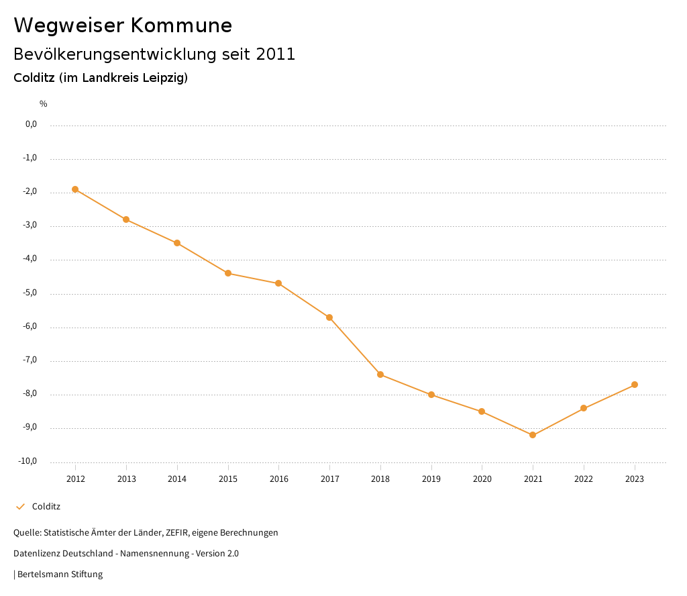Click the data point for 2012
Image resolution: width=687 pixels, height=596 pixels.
click(x=75, y=189)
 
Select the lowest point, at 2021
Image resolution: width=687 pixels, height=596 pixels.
click(x=533, y=435)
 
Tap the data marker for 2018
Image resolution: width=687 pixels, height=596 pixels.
click(x=380, y=375)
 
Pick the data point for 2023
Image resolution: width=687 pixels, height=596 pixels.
click(x=635, y=385)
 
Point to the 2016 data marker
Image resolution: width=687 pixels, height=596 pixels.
click(x=278, y=283)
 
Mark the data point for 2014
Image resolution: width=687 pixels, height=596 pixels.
click(x=177, y=243)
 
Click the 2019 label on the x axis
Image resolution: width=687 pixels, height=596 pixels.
click(x=431, y=479)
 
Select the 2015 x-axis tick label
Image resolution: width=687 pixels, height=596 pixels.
click(x=228, y=479)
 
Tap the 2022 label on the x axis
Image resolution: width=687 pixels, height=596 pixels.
click(x=584, y=479)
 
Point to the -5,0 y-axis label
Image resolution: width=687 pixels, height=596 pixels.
click(x=31, y=293)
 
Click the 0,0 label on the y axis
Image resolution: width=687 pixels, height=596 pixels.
click(x=31, y=124)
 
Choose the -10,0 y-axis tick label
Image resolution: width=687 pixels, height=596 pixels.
click(x=29, y=461)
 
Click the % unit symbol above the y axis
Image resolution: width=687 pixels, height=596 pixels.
click(x=44, y=104)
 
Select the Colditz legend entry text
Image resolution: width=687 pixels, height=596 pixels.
click(x=46, y=507)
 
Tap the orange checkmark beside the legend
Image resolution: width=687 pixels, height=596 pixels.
click(x=20, y=507)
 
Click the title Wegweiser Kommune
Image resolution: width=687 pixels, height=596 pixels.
click(x=123, y=26)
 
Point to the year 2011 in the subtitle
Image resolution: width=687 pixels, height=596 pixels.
click(x=276, y=54)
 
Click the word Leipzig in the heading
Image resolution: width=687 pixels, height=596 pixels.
click(x=163, y=78)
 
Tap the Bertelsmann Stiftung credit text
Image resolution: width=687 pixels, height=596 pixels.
click(x=60, y=575)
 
